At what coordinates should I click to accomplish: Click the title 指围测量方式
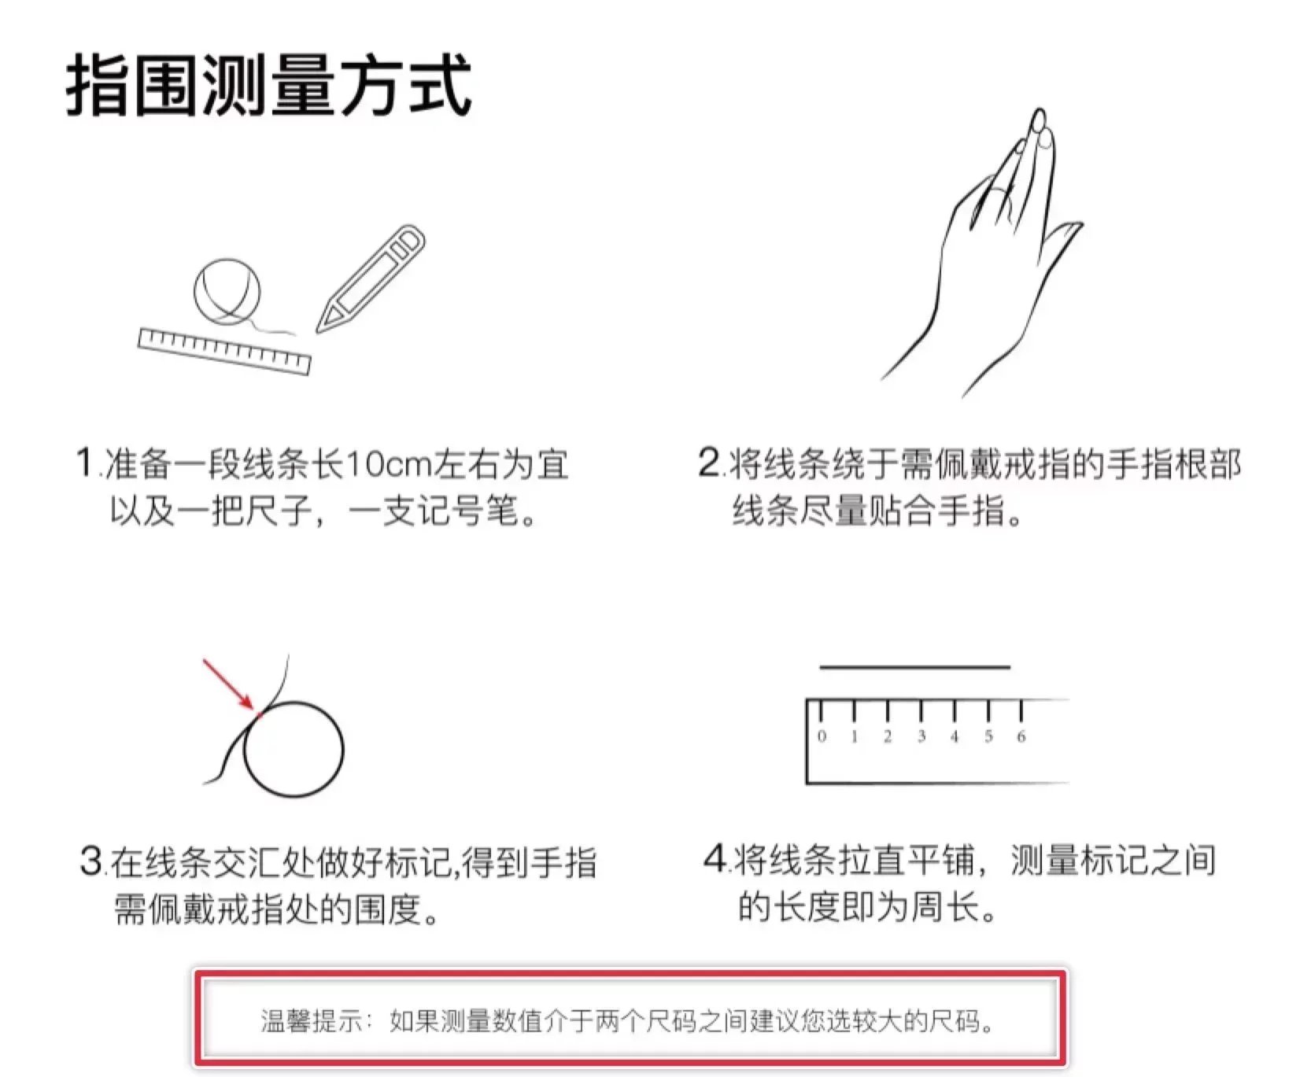[x=269, y=86]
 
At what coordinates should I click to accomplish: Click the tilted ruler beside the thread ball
[x=224, y=351]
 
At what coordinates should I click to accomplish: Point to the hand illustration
[x=982, y=252]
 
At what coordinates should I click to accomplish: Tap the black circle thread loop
[x=294, y=749]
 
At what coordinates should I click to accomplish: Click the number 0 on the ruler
[x=822, y=736]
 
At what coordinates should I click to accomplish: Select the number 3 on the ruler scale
[x=921, y=736]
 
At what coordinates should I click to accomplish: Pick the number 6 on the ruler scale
[x=1021, y=736]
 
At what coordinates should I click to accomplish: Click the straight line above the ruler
[x=914, y=667]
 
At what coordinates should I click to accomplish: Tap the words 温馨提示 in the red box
[x=312, y=1021]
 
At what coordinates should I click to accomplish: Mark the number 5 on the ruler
[x=988, y=736]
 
